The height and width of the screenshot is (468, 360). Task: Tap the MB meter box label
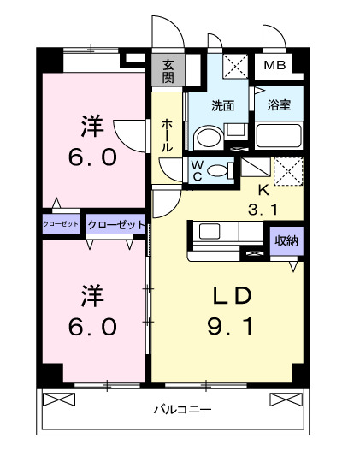tap(274, 66)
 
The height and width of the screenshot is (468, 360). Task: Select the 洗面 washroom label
tap(223, 106)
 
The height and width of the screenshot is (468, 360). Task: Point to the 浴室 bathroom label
tap(279, 106)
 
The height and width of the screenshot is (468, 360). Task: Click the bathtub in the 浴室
tap(279, 136)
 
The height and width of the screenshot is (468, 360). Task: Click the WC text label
tap(196, 169)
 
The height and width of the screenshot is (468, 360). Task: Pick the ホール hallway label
tap(167, 135)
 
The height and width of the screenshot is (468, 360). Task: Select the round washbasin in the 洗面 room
tap(206, 138)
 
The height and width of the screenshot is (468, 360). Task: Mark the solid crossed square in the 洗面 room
tap(234, 67)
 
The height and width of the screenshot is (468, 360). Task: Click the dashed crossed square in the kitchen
tap(287, 169)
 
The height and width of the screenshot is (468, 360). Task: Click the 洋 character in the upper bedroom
tap(92, 127)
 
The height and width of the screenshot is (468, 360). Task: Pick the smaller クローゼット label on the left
tap(61, 223)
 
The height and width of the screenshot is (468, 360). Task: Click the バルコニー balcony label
tap(182, 410)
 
